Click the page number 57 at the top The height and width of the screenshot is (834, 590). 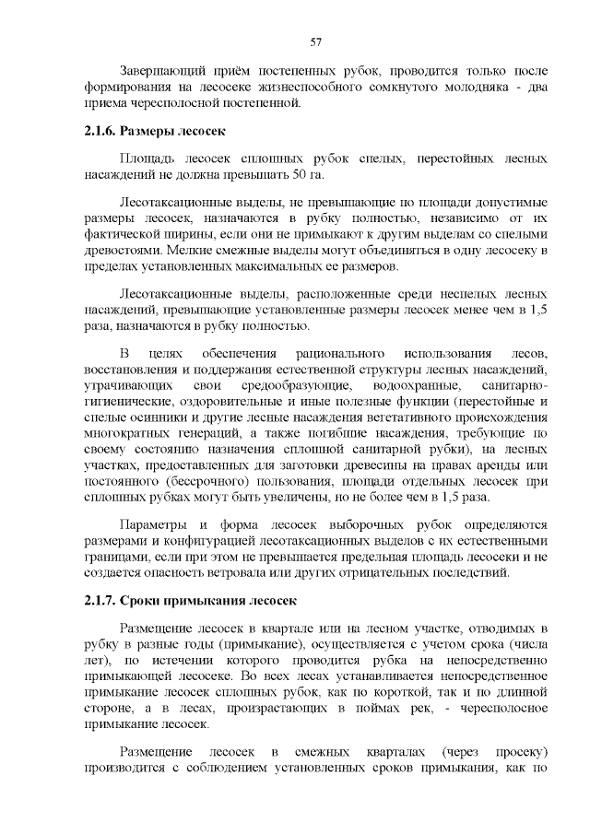pyautogui.click(x=315, y=41)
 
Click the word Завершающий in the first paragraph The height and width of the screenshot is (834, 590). pyautogui.click(x=161, y=70)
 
